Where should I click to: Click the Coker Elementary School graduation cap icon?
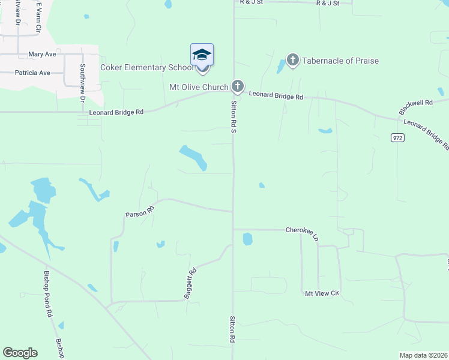tap(202, 56)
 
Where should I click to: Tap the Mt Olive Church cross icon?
tap(238, 87)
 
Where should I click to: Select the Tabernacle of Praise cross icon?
tap(293, 60)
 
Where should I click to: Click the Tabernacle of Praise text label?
tap(340, 61)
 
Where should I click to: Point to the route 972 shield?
tap(397, 137)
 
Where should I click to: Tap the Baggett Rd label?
tap(190, 283)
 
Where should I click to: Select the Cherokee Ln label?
tap(302, 230)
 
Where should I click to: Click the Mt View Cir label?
tap(322, 293)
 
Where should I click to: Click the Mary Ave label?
tap(42, 54)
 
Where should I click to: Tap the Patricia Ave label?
tap(33, 73)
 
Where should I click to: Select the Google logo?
tap(20, 353)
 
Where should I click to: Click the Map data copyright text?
tap(424, 355)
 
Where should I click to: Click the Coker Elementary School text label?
tap(146, 67)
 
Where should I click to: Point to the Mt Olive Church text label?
tap(199, 87)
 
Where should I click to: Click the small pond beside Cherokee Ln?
tap(247, 239)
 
